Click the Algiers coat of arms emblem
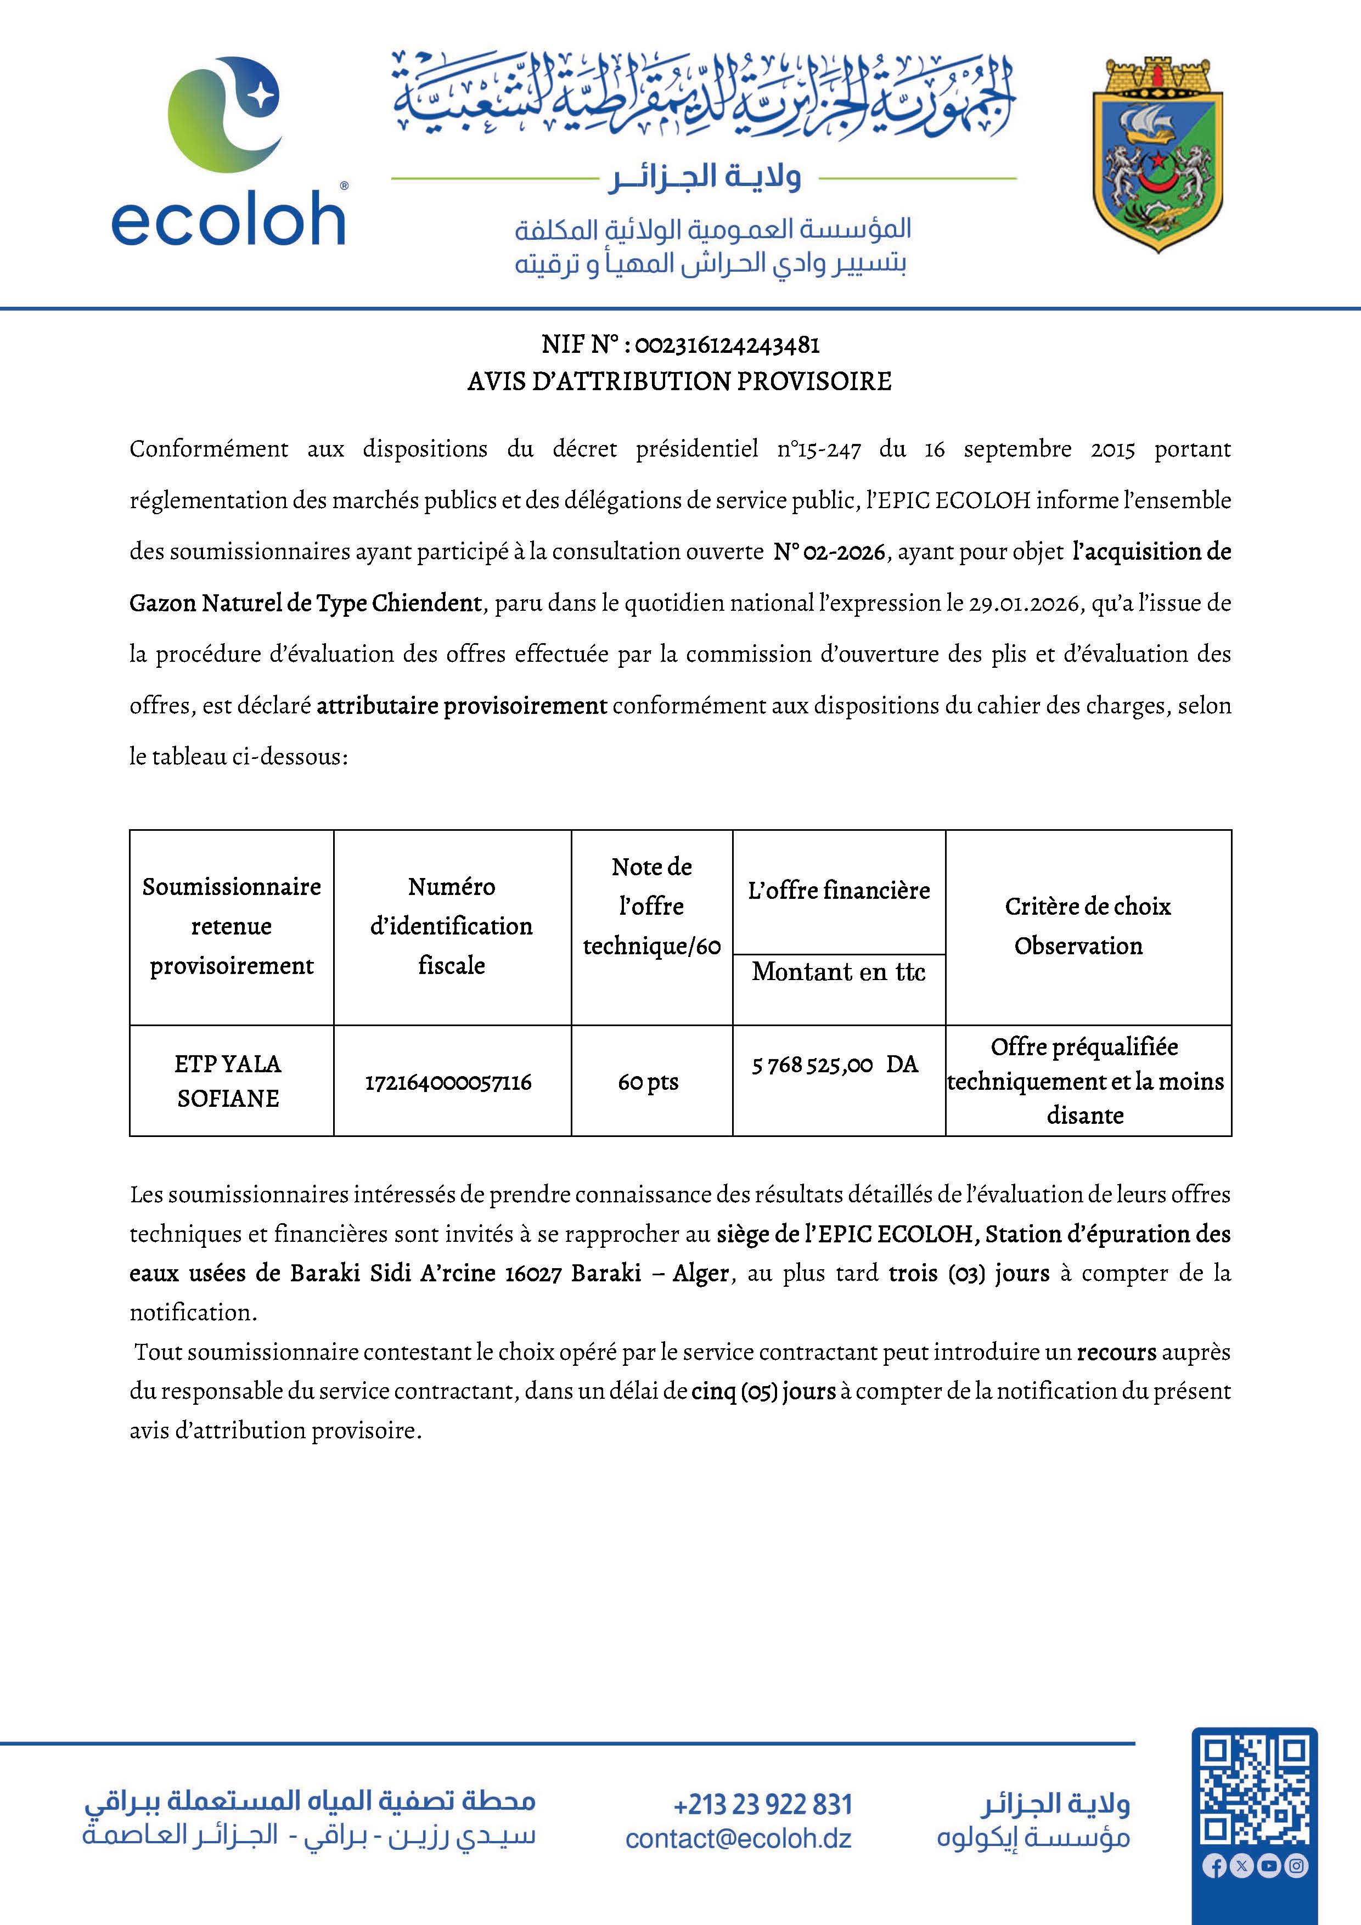point(1157,155)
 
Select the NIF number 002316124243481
point(726,345)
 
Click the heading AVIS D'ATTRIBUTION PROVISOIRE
point(679,381)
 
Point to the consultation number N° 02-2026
point(829,551)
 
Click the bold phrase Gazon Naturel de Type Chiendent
point(305,603)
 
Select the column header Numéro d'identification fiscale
point(452,926)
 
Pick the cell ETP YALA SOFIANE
point(228,1080)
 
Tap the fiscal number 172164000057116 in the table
point(448,1082)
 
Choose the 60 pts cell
point(648,1082)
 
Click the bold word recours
point(1116,1352)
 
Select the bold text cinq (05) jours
point(763,1391)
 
